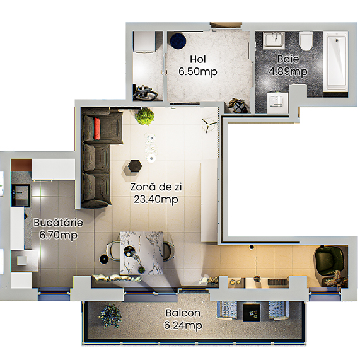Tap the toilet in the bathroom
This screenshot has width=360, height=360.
point(307,41)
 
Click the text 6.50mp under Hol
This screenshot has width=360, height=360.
point(197,72)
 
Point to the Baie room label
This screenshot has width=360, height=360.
point(285,60)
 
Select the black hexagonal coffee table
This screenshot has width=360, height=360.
point(134,166)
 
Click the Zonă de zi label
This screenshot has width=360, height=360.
point(154,187)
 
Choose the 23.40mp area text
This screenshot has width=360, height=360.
point(155,200)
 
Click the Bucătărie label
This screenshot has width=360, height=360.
point(58,223)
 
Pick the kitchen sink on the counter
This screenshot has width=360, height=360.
point(20,190)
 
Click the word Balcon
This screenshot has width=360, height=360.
point(183,313)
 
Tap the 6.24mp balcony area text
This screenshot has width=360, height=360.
point(183,325)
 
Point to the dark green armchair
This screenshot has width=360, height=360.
point(327,258)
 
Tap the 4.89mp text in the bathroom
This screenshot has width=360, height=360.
point(287,71)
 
